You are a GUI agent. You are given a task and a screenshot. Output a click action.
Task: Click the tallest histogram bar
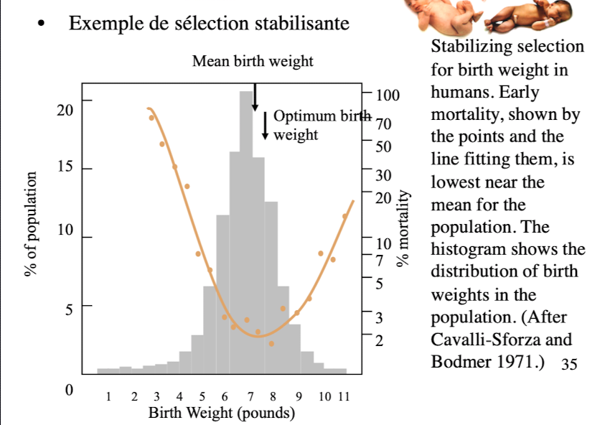[x=246, y=230]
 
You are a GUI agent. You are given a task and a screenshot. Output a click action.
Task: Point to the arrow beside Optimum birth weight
[x=266, y=125]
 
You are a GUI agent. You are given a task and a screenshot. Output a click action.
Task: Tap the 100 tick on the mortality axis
[x=387, y=94]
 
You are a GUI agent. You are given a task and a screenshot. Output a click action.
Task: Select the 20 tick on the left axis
[x=65, y=110]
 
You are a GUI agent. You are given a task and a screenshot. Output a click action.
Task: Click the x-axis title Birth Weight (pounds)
[x=222, y=414]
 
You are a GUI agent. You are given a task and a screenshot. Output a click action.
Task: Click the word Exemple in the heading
[x=97, y=24]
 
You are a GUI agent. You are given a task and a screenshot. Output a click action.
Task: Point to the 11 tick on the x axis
[x=343, y=396]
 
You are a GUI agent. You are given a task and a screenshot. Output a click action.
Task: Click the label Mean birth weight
[x=253, y=61]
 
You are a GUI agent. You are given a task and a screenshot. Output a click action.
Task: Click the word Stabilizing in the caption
[x=466, y=47]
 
